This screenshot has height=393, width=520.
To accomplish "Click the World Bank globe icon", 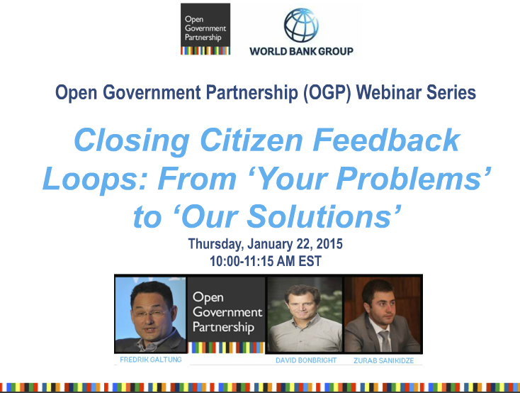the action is [301, 26].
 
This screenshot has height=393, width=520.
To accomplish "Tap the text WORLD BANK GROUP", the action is [302, 51].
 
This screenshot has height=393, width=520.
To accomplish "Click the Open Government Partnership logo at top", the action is [205, 29].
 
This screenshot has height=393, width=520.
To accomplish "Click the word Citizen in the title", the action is [251, 140].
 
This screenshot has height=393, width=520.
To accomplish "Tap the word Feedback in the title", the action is [386, 140].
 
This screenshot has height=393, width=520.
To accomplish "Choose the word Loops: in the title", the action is [94, 179].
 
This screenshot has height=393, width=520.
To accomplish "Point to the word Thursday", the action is [216, 245].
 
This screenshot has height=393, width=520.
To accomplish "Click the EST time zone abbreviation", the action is [310, 261].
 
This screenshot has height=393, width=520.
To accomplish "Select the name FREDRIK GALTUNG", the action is [151, 360].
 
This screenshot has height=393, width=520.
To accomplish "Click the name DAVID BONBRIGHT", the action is [306, 360].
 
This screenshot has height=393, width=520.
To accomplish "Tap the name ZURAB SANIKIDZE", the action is [384, 361].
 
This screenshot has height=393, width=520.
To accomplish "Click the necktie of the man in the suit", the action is [385, 341].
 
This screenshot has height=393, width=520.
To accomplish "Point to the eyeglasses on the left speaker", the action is [150, 314].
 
